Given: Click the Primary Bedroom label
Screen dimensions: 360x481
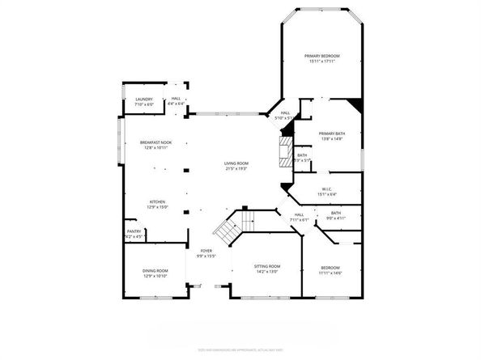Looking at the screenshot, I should (x=321, y=56).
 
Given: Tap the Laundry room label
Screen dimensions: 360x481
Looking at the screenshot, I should (x=143, y=100).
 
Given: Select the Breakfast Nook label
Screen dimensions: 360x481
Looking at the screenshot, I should (x=155, y=142).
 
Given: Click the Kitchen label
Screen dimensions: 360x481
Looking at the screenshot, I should (x=157, y=202).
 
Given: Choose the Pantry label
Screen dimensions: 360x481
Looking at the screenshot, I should (x=134, y=231).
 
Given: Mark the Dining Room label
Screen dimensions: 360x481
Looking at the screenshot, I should (x=155, y=270).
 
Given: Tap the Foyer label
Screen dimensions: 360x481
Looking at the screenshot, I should (x=206, y=252).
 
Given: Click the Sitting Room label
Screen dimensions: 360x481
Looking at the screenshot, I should (x=268, y=266).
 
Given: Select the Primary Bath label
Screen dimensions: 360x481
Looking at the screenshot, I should (x=330, y=133).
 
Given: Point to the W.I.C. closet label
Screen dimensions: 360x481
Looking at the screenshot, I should (x=326, y=189).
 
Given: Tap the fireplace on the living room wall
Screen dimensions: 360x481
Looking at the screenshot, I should (x=283, y=151).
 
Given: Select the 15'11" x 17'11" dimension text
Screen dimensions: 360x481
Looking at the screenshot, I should (x=321, y=61).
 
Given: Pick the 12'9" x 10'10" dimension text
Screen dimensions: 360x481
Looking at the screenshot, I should (x=155, y=276).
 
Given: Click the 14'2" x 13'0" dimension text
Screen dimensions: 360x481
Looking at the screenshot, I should (x=268, y=272).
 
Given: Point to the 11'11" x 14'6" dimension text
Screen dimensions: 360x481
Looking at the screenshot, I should (x=330, y=273).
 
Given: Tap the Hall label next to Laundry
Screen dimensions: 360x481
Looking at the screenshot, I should (x=176, y=100).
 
